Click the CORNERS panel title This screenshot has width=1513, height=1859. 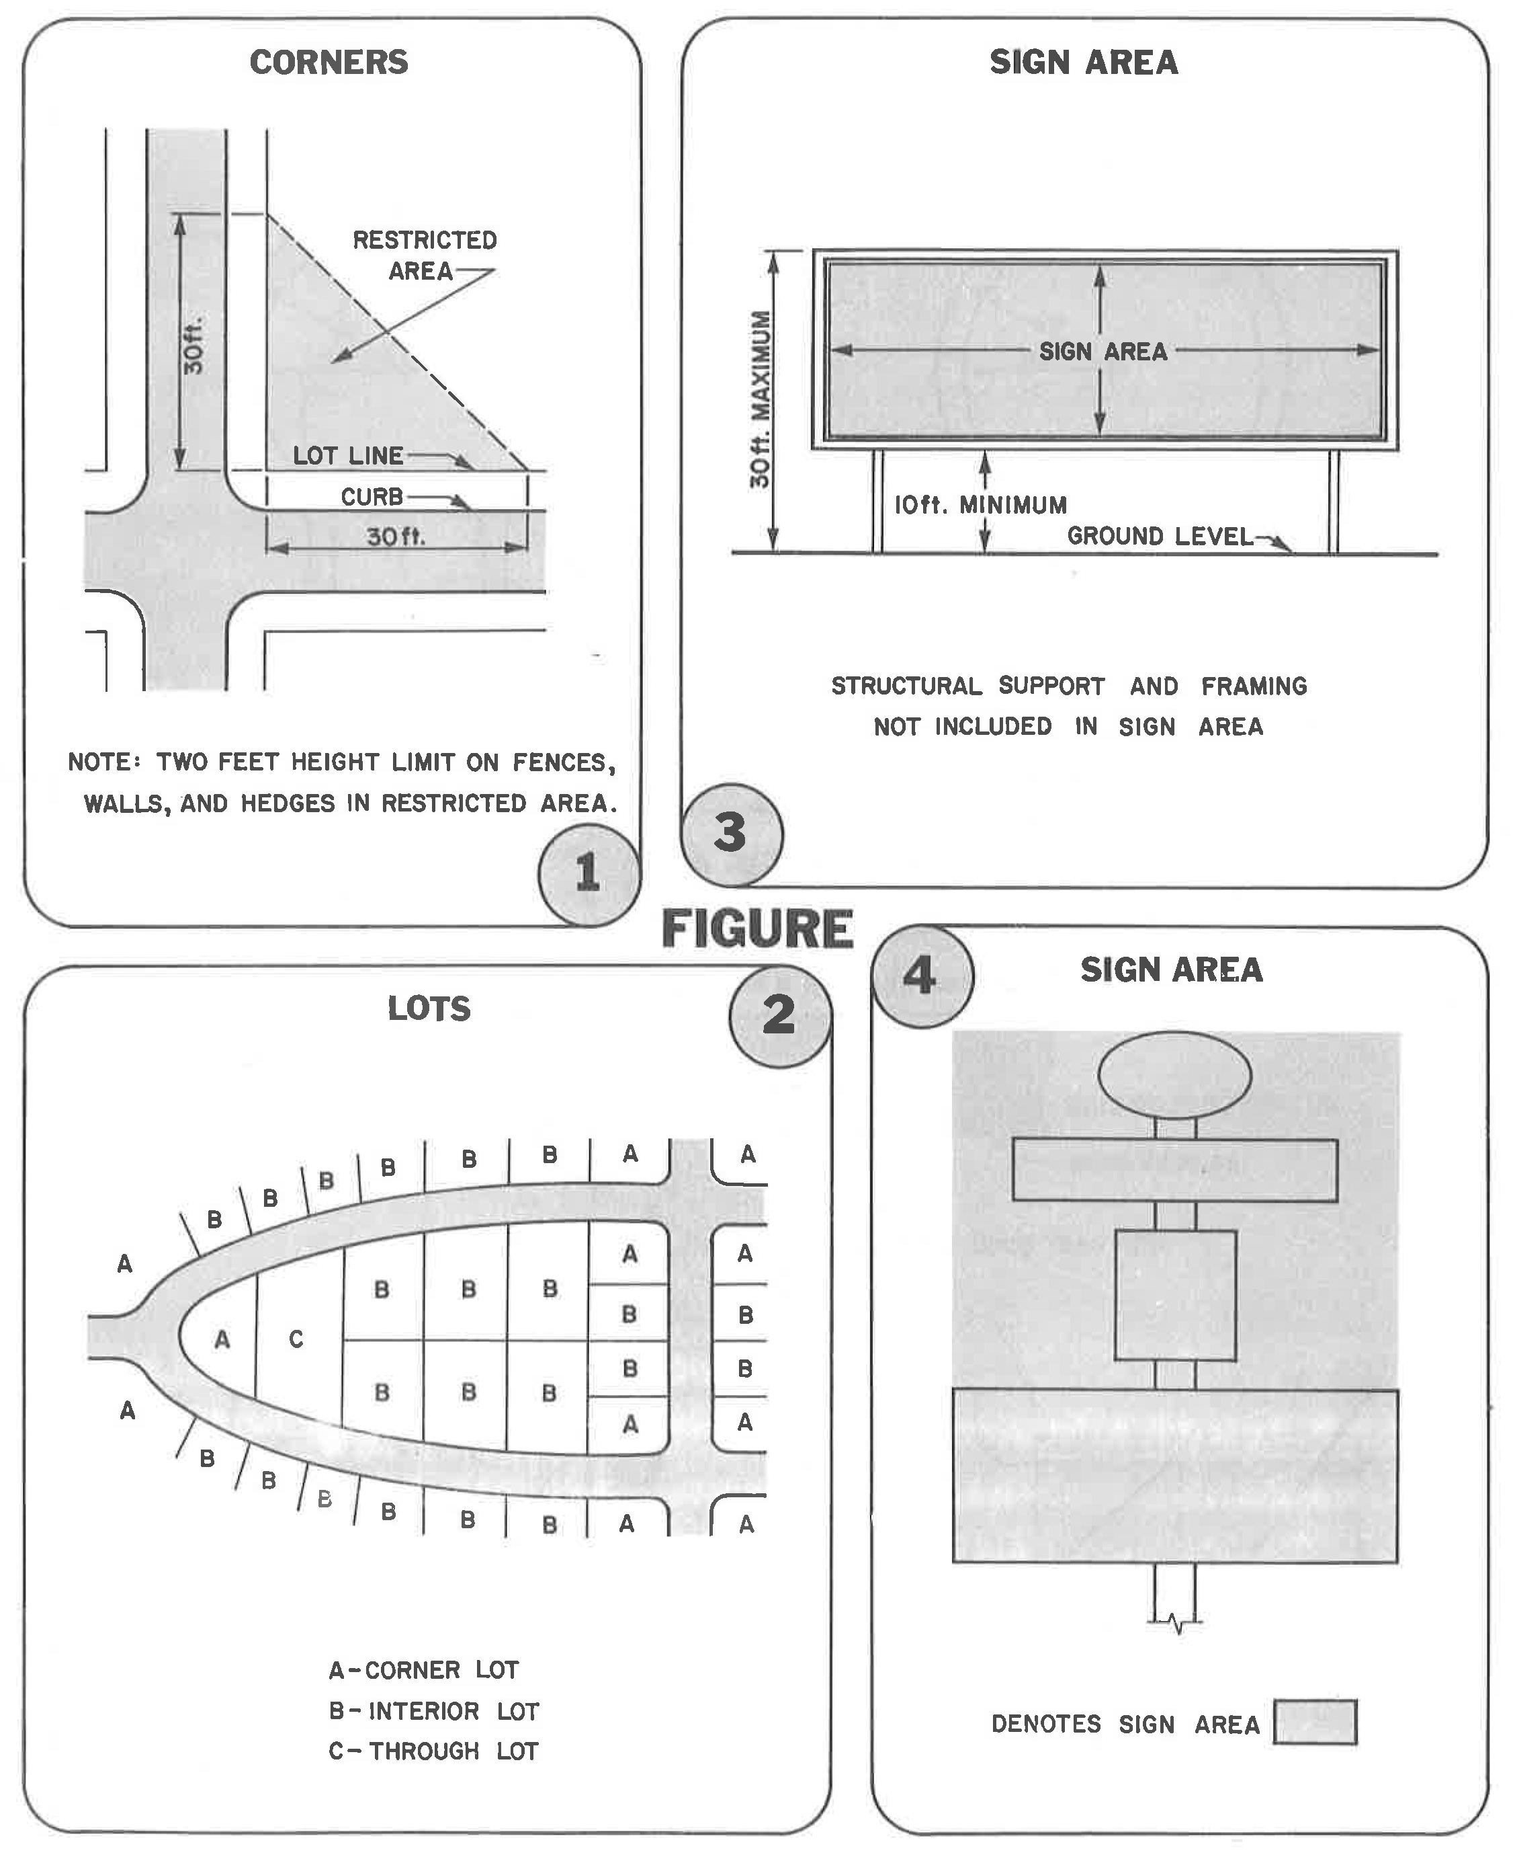click(x=329, y=63)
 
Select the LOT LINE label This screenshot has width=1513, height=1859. click(x=348, y=455)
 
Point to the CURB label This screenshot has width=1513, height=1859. click(x=372, y=497)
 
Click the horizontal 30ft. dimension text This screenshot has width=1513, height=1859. click(x=396, y=537)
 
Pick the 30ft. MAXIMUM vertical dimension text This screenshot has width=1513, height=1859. click(x=760, y=399)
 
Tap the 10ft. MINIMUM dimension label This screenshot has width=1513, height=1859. click(x=980, y=505)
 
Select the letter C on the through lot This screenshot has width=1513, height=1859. click(x=296, y=1339)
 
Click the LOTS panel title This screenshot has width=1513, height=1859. click(x=429, y=1009)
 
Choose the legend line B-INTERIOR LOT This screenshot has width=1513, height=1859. click(x=434, y=1711)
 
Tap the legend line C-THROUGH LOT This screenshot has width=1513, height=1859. click(x=434, y=1751)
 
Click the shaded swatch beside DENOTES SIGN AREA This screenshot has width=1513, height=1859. click(x=1314, y=1722)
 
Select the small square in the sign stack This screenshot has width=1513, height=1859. click(x=1175, y=1295)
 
